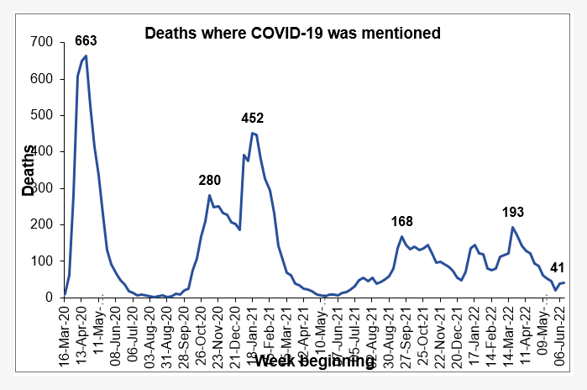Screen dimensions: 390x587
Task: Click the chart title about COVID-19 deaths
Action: (x=293, y=34)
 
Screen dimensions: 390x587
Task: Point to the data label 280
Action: (x=210, y=180)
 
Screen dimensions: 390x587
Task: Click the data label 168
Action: (x=403, y=222)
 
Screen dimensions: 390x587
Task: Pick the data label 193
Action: (x=514, y=211)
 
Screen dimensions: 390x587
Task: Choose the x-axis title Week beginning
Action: (x=314, y=361)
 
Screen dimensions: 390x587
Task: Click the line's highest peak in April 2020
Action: (x=86, y=55)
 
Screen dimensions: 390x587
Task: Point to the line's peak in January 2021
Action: (x=252, y=133)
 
